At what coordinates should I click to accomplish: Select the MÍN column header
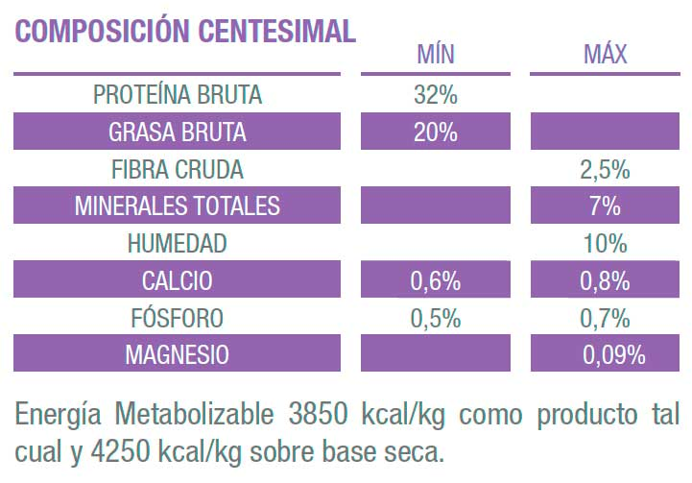pos(435,54)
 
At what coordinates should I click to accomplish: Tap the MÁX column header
pos(605,54)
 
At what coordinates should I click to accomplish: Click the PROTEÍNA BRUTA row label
pos(178,95)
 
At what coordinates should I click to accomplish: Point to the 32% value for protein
pos(435,95)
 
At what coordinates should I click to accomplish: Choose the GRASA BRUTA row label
pos(178,133)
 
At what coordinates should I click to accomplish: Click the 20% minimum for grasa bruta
pos(435,133)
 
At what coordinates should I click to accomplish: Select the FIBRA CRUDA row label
pos(178,170)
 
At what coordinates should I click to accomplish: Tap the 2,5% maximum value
pos(605,170)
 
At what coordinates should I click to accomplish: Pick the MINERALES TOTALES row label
pos(178,206)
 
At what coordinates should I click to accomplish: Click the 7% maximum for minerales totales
pos(605,206)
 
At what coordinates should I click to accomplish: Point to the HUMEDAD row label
pos(178,244)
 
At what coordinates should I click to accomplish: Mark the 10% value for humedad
pos(605,244)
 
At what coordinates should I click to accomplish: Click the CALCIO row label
pos(178,281)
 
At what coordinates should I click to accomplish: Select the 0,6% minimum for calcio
pos(435,281)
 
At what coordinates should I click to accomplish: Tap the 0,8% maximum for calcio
pos(605,281)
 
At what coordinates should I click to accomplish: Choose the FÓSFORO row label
pos(178,318)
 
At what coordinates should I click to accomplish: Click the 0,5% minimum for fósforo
pos(435,318)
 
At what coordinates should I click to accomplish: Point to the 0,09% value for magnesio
pos(613,355)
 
